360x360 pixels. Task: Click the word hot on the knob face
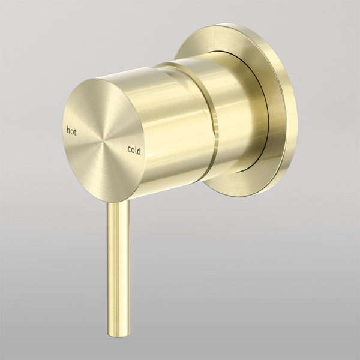[x=71, y=128]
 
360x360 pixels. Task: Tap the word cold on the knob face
[x=134, y=151]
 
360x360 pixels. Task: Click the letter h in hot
[x=67, y=128]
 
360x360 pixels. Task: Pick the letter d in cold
[x=139, y=151]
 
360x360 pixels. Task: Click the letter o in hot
[x=71, y=129]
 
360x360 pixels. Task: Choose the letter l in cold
[x=136, y=150]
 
